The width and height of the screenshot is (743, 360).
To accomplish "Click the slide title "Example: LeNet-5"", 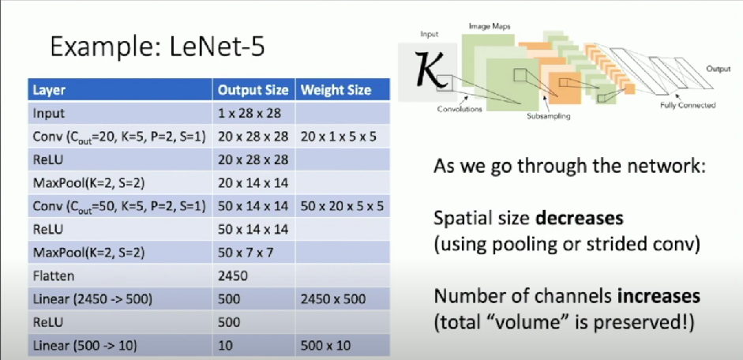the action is coord(157,48).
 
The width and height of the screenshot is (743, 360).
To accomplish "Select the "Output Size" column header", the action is coord(253,90).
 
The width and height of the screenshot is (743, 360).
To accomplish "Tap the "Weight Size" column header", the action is coord(336,90).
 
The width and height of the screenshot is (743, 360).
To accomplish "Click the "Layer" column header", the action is coord(49,90).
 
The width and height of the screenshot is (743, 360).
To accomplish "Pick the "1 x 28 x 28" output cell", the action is coord(250,114).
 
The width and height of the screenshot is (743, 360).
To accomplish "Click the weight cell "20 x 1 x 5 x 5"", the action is coord(338,137).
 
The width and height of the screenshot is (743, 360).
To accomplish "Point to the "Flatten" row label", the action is coord(54,276).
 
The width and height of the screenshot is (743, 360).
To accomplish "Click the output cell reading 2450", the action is coord(233,276).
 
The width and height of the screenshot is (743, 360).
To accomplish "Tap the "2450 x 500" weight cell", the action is coord(333,299).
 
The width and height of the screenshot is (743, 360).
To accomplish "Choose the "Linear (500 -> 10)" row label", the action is coord(84,345).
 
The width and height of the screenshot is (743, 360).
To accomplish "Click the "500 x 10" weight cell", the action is coord(325,345).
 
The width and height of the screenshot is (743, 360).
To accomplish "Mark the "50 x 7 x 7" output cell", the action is coord(246,253).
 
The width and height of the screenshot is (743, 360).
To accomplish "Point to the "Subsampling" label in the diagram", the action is coord(548,115).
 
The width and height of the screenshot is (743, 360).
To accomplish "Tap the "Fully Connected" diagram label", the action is coord(688,105).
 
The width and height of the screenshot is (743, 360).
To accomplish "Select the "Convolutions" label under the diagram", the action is coord(460,109).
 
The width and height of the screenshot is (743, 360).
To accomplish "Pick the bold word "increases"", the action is coord(659,296).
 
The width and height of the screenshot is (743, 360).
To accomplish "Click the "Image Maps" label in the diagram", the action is coord(490,27).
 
